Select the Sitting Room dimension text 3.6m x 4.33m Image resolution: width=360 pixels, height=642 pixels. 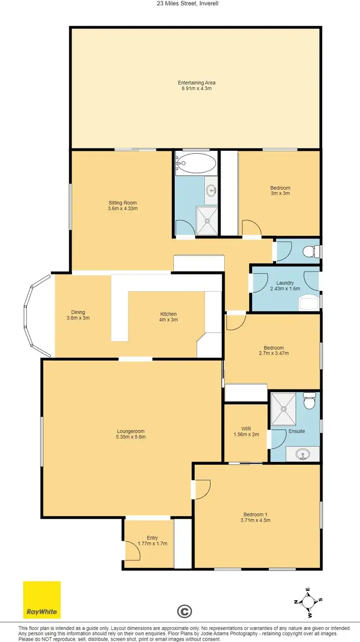123,209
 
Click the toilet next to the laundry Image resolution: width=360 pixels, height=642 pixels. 311,251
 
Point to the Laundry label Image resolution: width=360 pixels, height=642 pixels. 285,283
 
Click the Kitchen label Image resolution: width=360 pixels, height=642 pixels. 168,314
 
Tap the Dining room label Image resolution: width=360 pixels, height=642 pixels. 78,312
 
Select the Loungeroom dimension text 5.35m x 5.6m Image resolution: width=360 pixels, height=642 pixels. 131,437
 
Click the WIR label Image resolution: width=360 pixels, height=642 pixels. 246,428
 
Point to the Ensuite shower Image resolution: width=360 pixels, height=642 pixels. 284,409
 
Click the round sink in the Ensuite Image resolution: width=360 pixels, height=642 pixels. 302,453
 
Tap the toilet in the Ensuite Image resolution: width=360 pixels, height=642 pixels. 310,401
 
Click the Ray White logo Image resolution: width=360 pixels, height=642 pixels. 42,599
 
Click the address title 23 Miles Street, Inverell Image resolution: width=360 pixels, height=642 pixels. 180,3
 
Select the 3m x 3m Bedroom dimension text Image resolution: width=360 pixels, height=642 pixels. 280,194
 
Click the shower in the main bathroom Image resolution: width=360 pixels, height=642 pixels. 207,221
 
